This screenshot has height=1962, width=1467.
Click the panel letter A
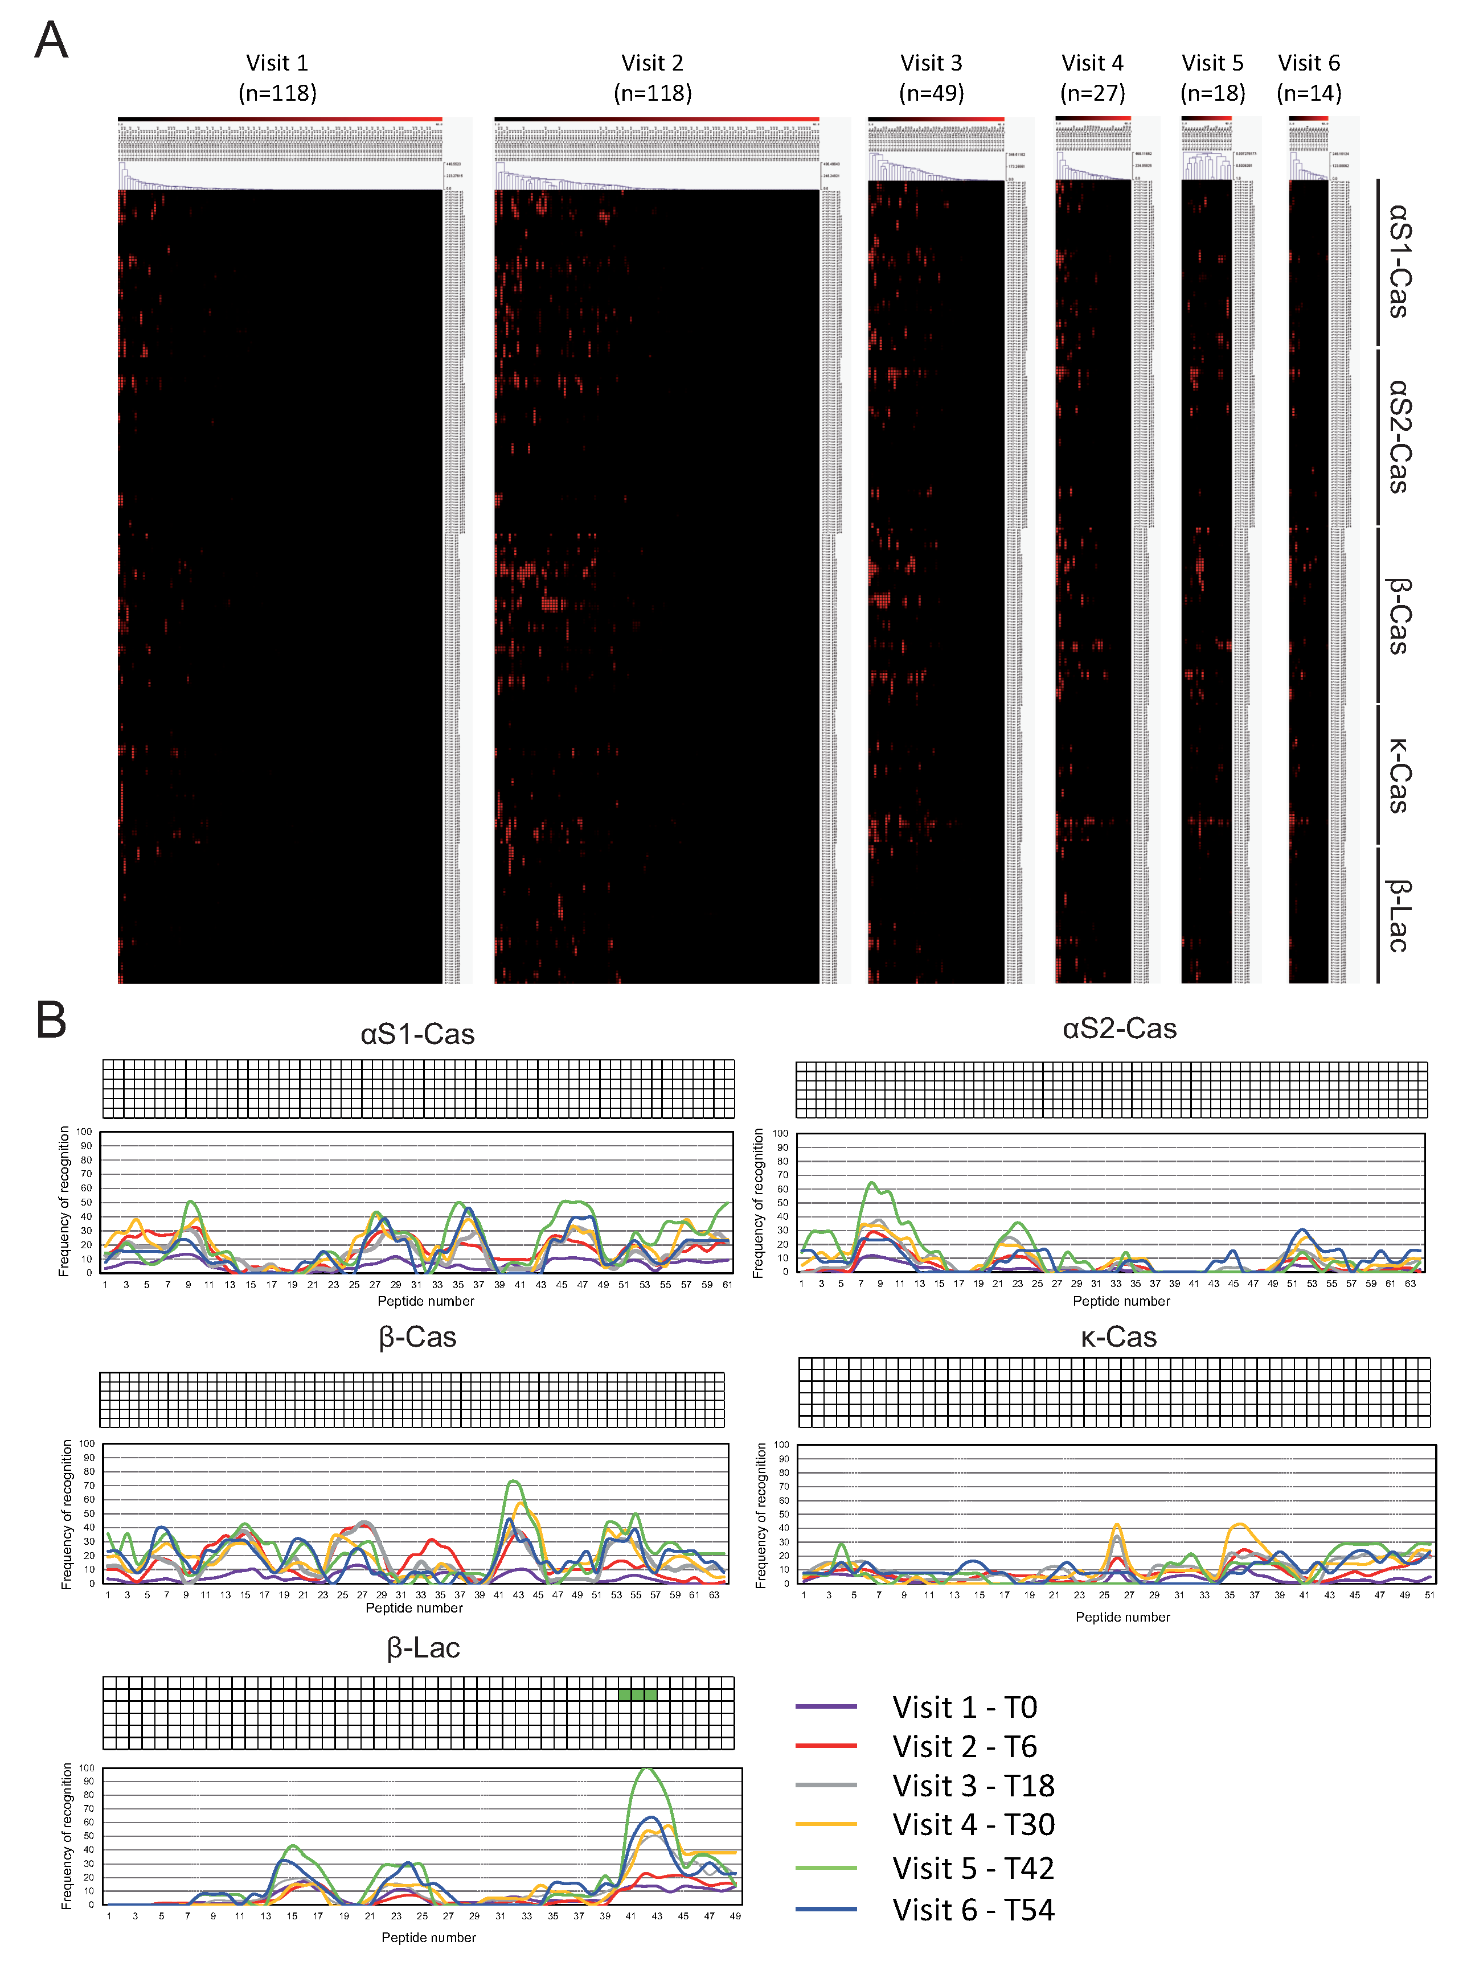(51, 41)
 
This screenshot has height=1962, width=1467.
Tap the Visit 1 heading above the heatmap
(277, 63)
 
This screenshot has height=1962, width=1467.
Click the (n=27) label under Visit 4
(1092, 93)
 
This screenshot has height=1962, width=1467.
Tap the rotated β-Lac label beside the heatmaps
(1398, 915)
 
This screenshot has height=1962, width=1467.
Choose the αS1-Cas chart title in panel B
(417, 1034)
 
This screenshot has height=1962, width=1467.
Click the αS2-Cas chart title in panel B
(1119, 1029)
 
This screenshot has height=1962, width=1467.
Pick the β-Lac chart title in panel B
(423, 1648)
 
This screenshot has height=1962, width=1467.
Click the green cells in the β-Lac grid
(638, 1695)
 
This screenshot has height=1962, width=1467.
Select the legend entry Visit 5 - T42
(973, 1868)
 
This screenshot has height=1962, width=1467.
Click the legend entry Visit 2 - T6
(964, 1746)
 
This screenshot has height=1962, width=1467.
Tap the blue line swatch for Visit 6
(825, 1909)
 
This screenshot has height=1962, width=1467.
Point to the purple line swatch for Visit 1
(825, 1706)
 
